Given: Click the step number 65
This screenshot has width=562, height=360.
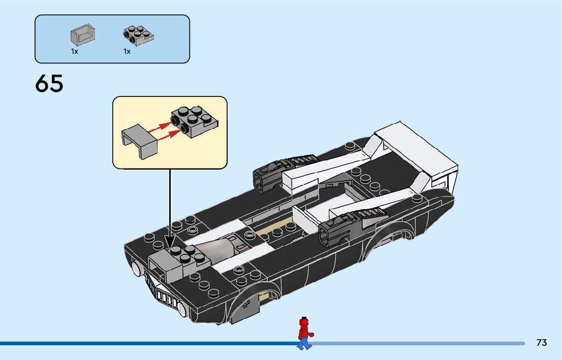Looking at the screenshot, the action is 49,84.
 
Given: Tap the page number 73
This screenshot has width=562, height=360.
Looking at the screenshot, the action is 541,343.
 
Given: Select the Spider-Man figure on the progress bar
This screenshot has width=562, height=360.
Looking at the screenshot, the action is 304,334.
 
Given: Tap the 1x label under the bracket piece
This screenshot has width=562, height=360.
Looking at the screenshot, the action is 75,51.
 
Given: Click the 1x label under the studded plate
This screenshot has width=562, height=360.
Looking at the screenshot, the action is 127,51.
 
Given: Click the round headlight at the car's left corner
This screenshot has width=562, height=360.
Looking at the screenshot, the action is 136,269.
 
